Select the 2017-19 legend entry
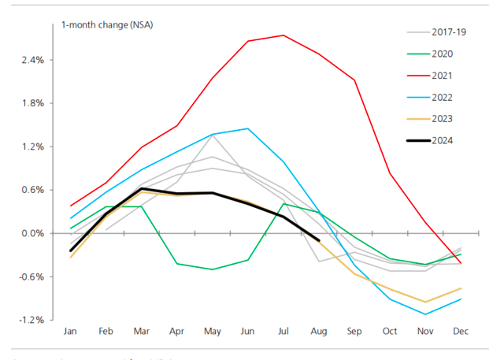click(x=446, y=32)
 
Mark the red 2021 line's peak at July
click(x=283, y=35)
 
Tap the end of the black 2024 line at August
click(x=318, y=240)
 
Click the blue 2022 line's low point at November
click(x=425, y=314)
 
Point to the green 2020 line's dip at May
click(x=213, y=269)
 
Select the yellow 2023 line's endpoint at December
click(x=461, y=288)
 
